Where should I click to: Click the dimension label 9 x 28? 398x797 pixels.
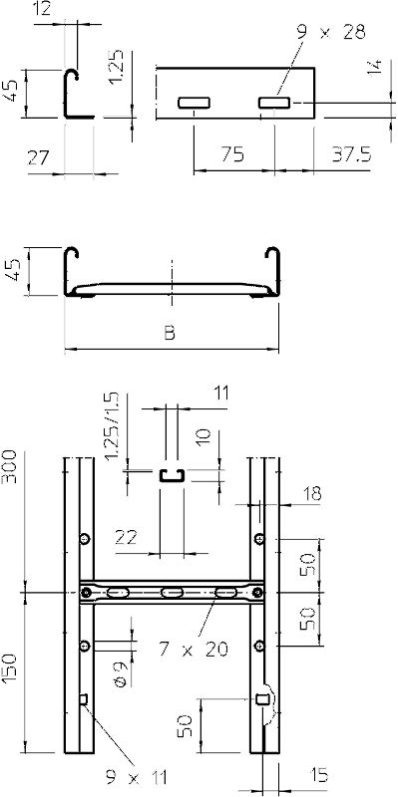pos(333,33)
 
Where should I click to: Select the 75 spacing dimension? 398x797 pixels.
pos(232,154)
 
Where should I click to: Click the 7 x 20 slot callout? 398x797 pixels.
pos(193,649)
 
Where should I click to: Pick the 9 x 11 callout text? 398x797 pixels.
pos(137,777)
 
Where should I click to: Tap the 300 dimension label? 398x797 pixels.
pos(10,467)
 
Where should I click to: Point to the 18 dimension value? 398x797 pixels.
pos(311,494)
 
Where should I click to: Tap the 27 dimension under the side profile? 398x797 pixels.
pos(38,157)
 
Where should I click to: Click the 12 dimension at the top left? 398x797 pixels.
pos(43,9)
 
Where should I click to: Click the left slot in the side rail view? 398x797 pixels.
pos(194,103)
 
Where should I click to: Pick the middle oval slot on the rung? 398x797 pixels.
pos(172,592)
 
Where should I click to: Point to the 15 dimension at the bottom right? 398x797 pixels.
pos(319,775)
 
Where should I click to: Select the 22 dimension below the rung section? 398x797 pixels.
pos(127,537)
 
